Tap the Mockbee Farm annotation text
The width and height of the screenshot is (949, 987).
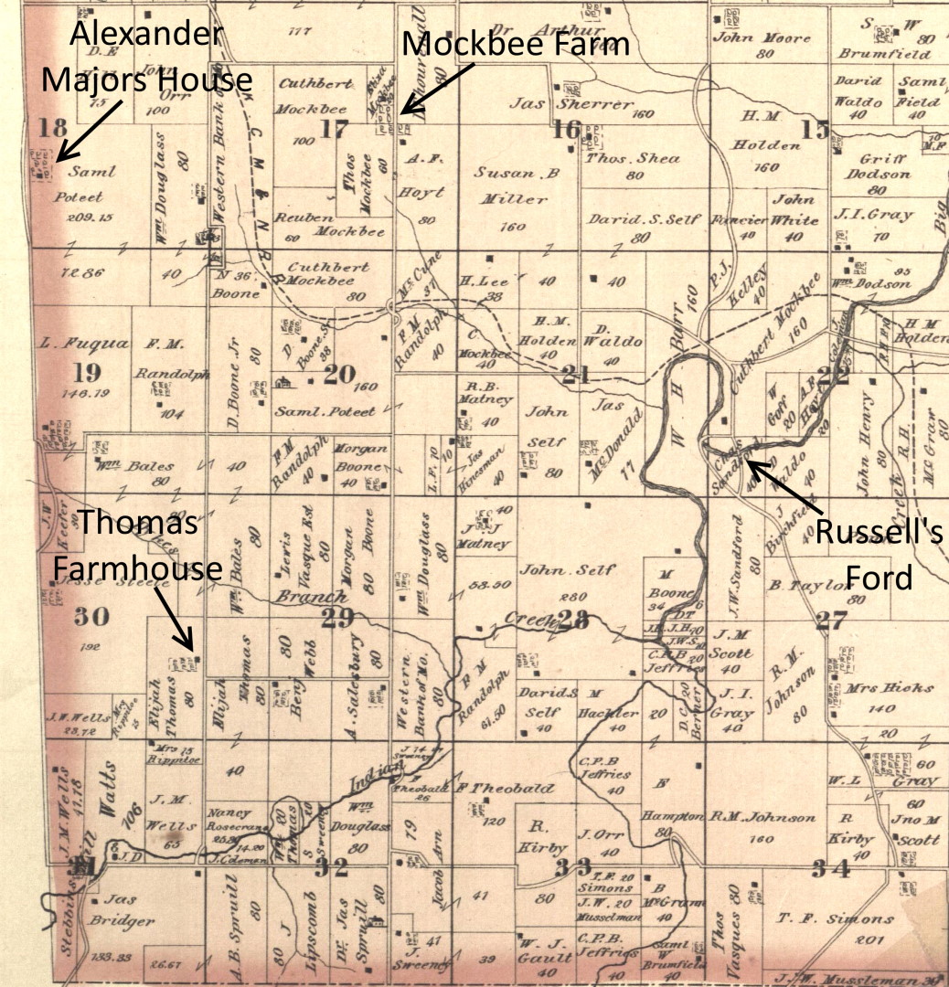(x=516, y=43)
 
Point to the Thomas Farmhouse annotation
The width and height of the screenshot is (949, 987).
(x=137, y=547)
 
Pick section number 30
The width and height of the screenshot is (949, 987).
(x=91, y=617)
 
